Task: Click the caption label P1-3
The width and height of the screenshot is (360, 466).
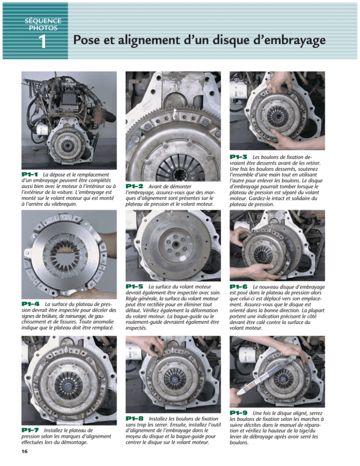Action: point(240,156)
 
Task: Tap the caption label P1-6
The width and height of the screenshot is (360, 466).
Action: point(240,286)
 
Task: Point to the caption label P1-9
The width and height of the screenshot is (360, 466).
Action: point(240,413)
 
